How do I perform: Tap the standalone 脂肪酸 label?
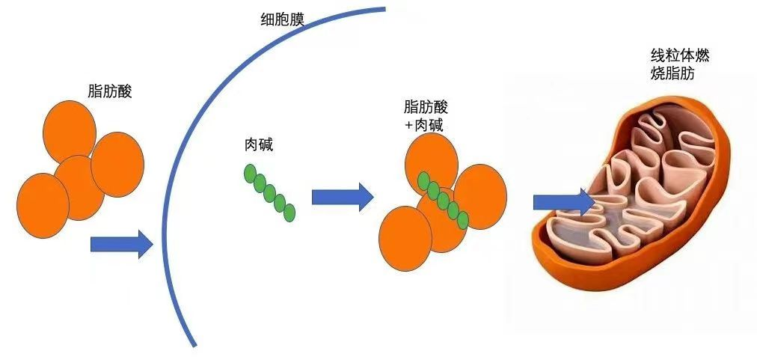click(x=110, y=91)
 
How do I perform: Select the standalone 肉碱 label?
click(x=259, y=144)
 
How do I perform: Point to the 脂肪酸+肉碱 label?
click(x=426, y=117)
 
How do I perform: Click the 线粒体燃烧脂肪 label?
click(x=680, y=65)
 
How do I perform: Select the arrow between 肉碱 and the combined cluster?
click(x=343, y=197)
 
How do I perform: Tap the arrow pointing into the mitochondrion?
click(x=564, y=203)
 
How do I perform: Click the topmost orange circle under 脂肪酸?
click(x=70, y=132)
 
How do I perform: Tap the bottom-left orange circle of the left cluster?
click(x=43, y=205)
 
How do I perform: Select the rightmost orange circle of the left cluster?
click(x=117, y=165)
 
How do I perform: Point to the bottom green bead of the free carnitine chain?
click(x=289, y=213)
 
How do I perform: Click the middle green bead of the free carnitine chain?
click(x=269, y=193)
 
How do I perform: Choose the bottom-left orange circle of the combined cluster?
click(x=405, y=238)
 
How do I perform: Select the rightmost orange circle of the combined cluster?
click(x=480, y=197)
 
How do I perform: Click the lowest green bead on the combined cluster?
click(x=462, y=220)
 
